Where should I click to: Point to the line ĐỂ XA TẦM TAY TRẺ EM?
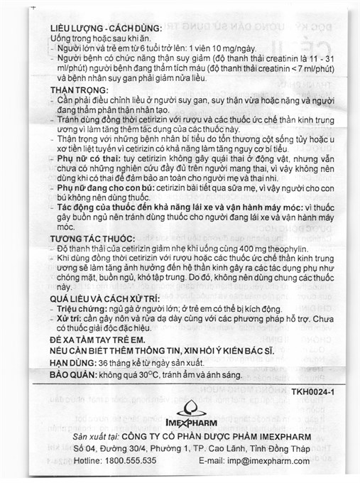point(107,342)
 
